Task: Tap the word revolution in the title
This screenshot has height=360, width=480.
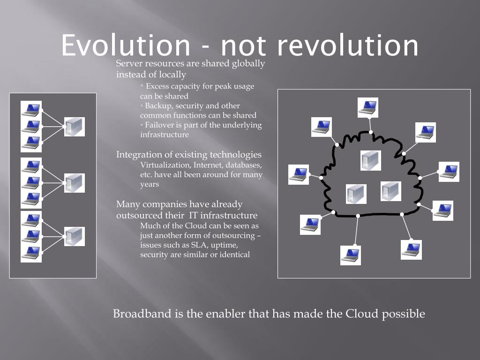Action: [347, 45]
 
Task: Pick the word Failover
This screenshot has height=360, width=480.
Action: [159, 125]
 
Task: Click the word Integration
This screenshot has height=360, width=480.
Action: [138, 155]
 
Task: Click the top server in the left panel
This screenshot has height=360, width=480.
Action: [75, 127]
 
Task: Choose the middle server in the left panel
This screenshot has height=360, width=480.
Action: [75, 183]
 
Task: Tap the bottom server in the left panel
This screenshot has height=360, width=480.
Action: [75, 236]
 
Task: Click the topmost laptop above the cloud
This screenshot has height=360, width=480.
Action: [368, 107]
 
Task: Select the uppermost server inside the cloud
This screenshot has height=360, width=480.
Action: [371, 160]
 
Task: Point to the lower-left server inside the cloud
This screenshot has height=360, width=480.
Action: [356, 194]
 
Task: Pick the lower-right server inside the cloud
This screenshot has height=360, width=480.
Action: [391, 191]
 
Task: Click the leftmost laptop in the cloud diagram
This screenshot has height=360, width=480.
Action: [299, 174]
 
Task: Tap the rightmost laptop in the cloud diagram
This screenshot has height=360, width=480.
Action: [449, 172]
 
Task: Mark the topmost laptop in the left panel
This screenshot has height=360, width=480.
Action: [31, 109]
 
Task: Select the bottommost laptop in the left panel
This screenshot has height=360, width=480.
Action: [31, 253]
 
